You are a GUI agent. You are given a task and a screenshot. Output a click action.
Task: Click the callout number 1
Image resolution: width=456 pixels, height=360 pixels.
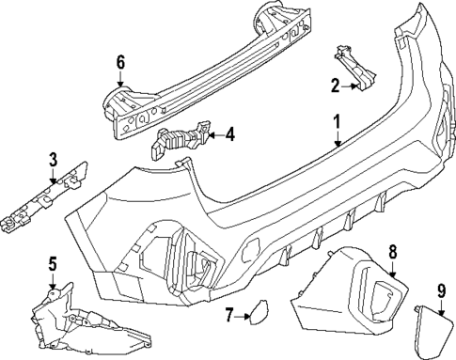[x=336, y=121]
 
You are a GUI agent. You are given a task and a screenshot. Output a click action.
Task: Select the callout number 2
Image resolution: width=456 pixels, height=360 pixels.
[x=334, y=86]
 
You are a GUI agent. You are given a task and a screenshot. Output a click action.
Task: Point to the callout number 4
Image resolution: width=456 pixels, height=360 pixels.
[x=229, y=134]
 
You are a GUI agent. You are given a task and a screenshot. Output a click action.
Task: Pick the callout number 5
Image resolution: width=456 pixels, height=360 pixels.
[x=53, y=263]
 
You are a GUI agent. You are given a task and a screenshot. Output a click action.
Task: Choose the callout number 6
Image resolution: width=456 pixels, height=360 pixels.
[x=120, y=63]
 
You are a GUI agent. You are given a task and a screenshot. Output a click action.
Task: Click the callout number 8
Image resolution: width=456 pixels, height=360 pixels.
[x=393, y=251]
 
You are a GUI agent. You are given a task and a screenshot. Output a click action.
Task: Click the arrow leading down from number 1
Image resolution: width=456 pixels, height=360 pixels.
[x=337, y=138]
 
